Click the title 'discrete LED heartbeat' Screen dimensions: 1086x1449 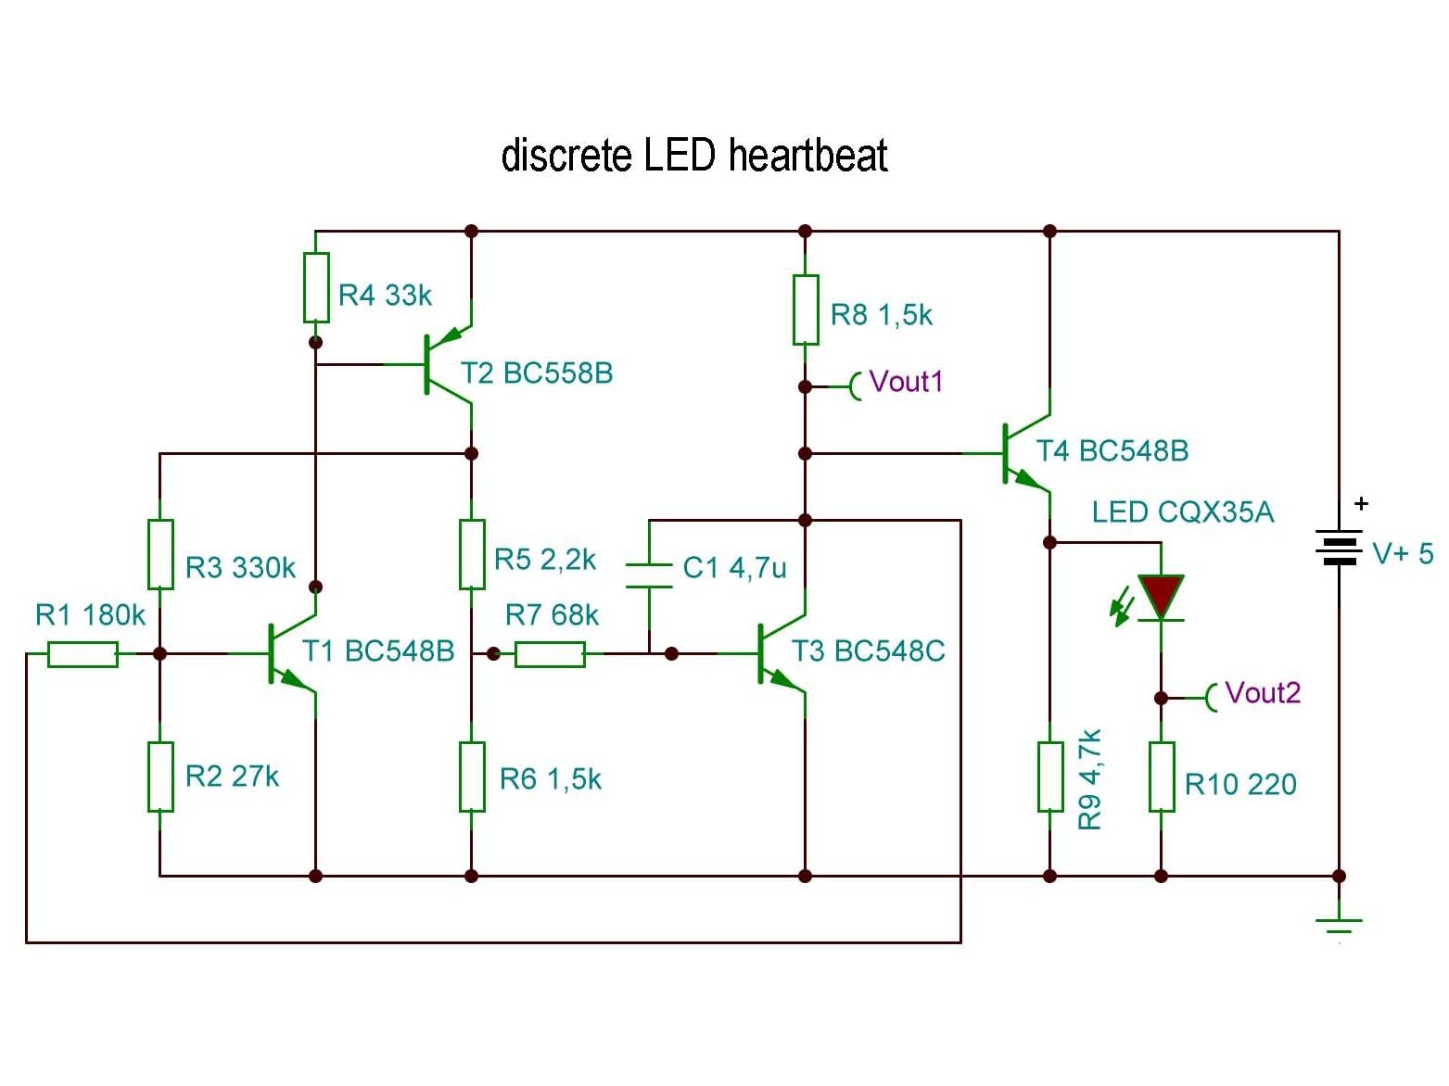(x=693, y=156)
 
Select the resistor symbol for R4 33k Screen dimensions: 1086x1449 (x=316, y=287)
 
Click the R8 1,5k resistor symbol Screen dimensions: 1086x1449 (x=805, y=309)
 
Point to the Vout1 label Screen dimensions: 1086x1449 (x=905, y=382)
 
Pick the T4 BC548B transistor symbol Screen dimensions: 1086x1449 (x=1024, y=453)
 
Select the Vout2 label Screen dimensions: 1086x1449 (x=1262, y=693)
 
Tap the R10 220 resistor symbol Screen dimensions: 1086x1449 (x=1161, y=777)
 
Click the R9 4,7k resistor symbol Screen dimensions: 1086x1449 (x=1049, y=777)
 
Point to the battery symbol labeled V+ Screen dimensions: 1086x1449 (x=1339, y=548)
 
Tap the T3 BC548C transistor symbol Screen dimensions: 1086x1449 (x=779, y=653)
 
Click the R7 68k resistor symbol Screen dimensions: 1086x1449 (x=550, y=654)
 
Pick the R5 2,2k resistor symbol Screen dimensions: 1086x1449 (x=472, y=554)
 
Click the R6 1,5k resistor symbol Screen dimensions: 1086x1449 (x=472, y=777)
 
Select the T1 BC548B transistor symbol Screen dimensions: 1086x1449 (x=289, y=653)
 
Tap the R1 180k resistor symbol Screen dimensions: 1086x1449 (x=83, y=654)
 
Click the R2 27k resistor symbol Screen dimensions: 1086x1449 (x=160, y=777)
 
